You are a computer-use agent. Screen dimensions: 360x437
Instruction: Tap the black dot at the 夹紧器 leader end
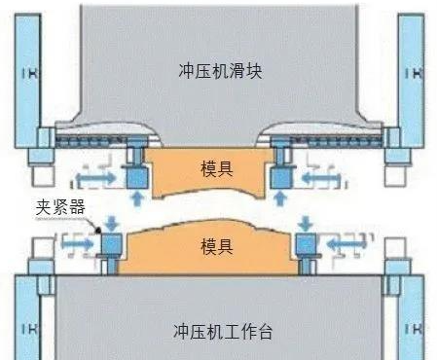(x=99, y=228)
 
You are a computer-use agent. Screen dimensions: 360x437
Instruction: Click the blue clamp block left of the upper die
(x=134, y=176)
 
